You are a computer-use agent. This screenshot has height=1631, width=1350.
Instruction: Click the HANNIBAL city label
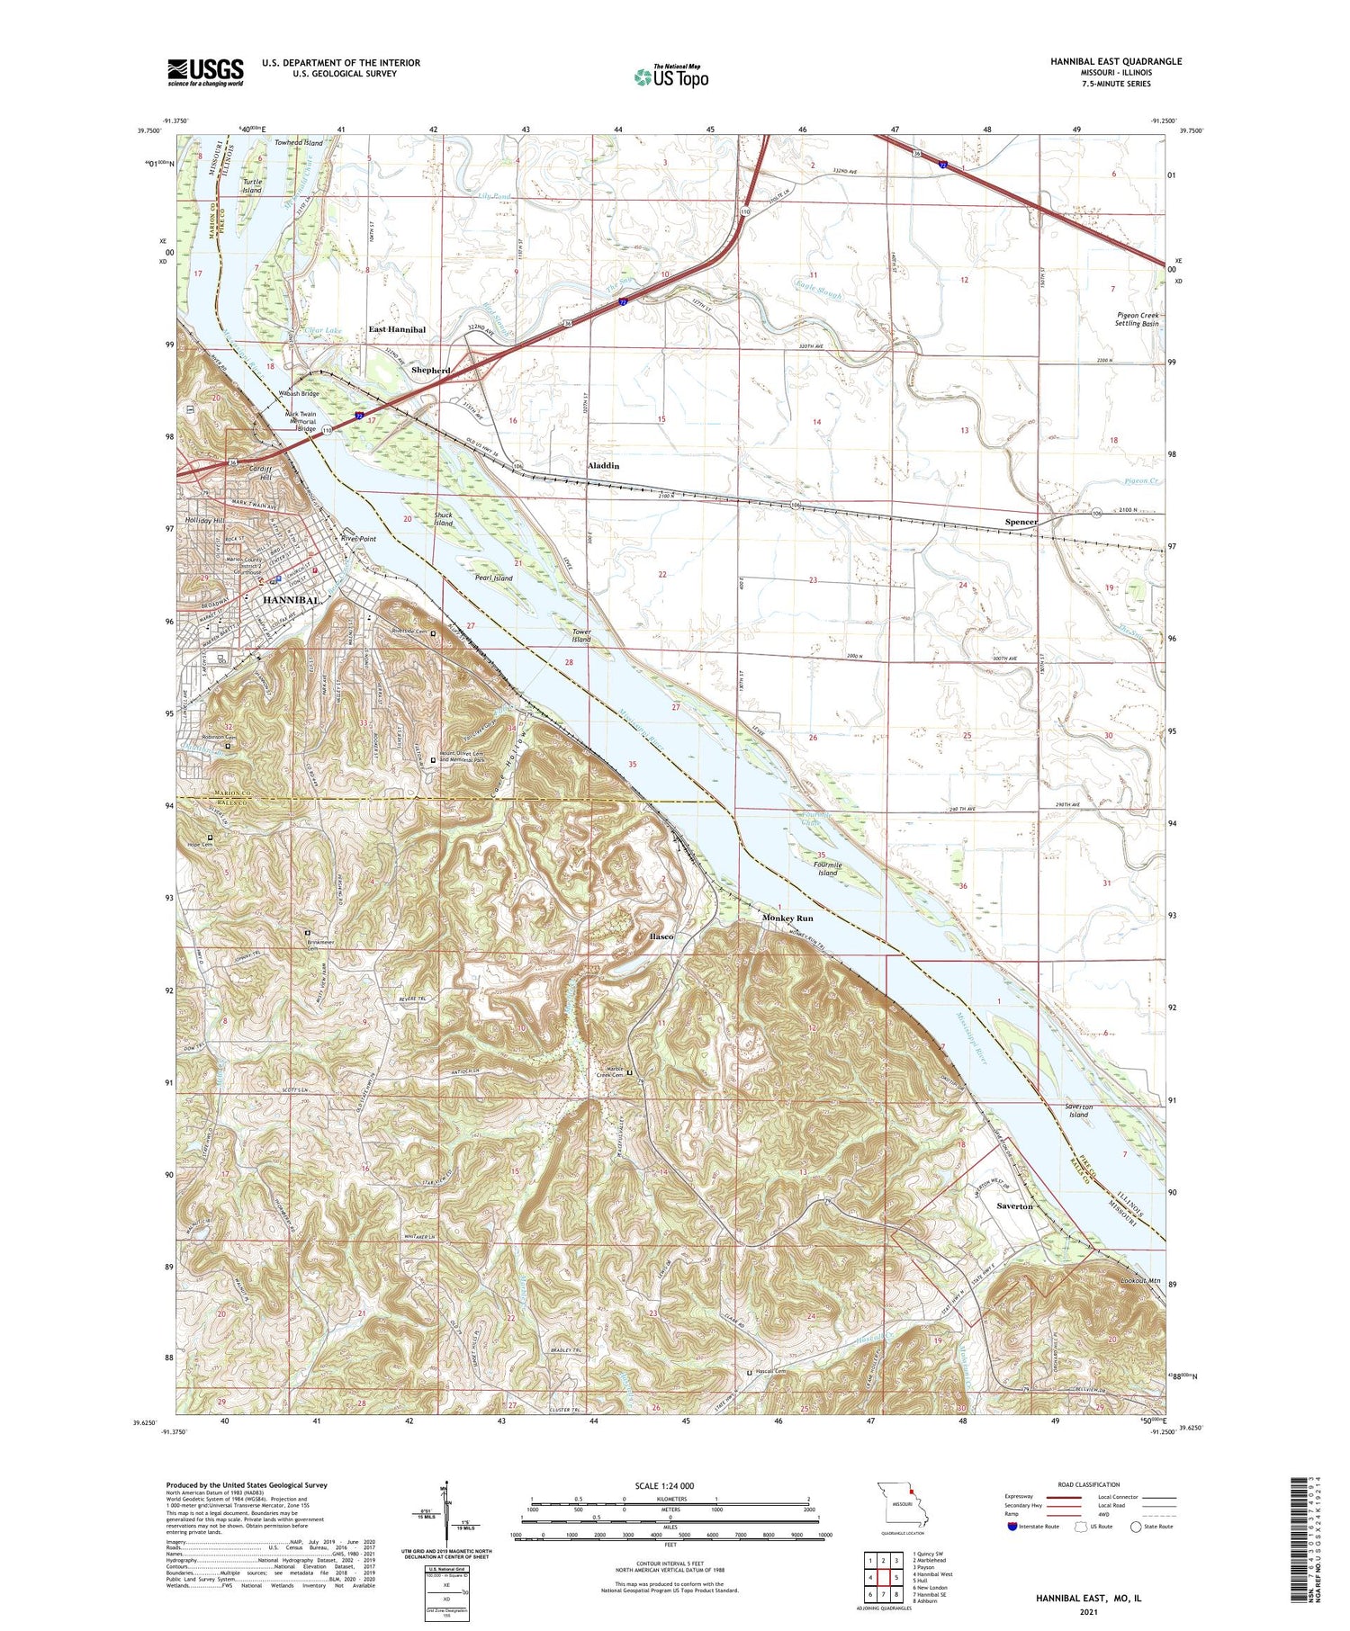pyautogui.click(x=290, y=600)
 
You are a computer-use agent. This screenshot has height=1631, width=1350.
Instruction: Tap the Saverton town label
pyautogui.click(x=1014, y=1205)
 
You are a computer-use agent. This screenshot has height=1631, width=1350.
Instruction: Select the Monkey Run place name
pyautogui.click(x=787, y=918)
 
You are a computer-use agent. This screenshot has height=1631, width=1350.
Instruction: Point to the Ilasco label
pyautogui.click(x=661, y=936)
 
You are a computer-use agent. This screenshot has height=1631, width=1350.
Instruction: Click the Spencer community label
pyautogui.click(x=1021, y=522)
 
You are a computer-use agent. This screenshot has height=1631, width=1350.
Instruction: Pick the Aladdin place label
pyautogui.click(x=603, y=466)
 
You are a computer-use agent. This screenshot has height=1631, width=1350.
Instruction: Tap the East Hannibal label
pyautogui.click(x=397, y=330)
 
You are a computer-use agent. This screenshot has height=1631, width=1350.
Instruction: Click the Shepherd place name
pyautogui.click(x=430, y=371)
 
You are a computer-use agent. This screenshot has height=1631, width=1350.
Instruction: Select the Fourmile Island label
pyautogui.click(x=827, y=868)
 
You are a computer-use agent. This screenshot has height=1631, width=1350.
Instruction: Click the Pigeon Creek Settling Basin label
pyautogui.click(x=1138, y=319)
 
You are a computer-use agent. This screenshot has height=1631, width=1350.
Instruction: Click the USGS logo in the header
pyautogui.click(x=205, y=72)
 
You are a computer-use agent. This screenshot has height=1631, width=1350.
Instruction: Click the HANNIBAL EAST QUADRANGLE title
pyautogui.click(x=1116, y=61)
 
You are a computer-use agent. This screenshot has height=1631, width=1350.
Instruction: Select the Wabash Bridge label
pyautogui.click(x=298, y=394)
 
